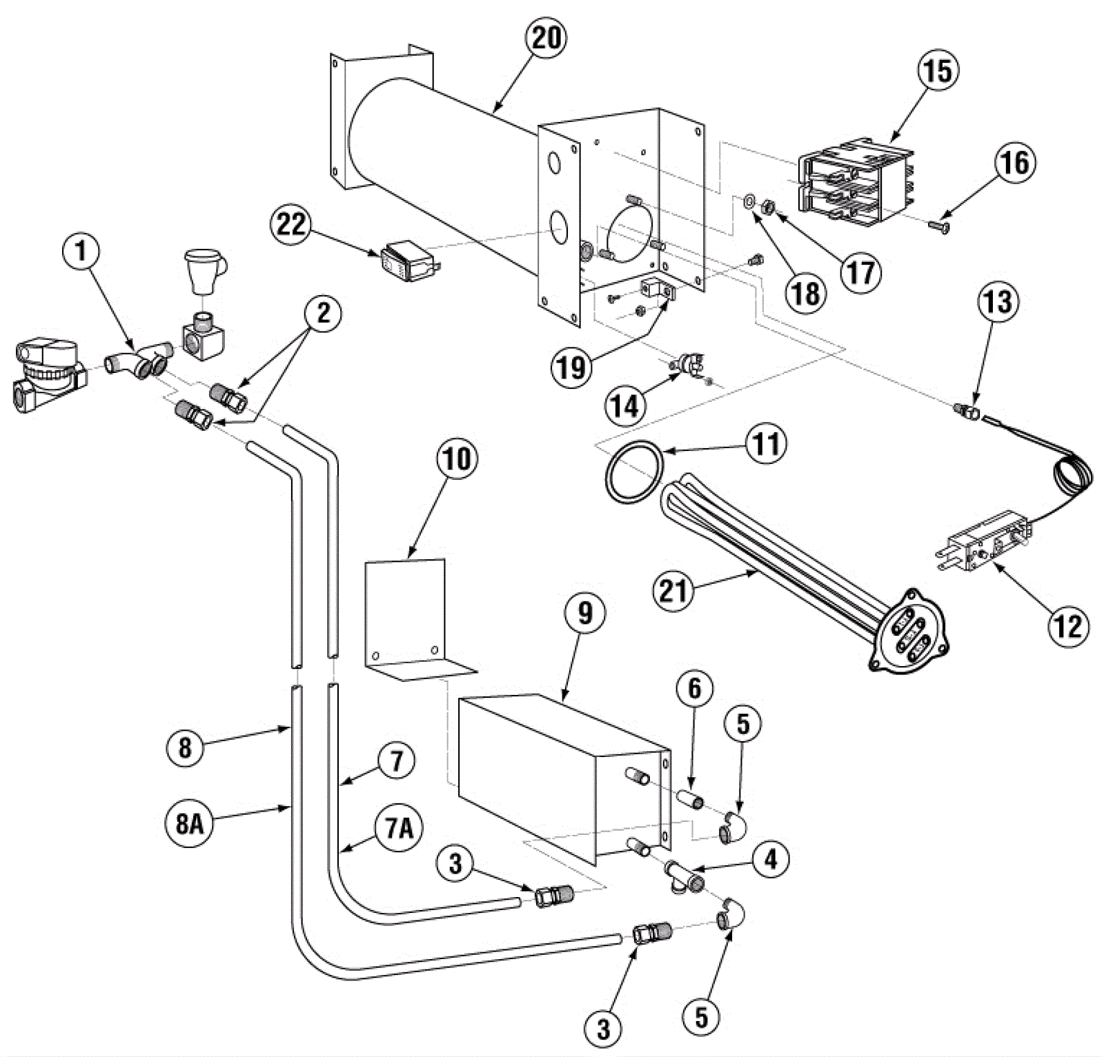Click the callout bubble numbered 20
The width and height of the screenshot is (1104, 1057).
pyautogui.click(x=545, y=37)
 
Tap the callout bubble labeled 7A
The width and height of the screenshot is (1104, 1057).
pyautogui.click(x=400, y=827)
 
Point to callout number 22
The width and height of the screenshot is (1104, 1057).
pyautogui.click(x=292, y=223)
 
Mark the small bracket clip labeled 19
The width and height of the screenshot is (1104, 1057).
pyautogui.click(x=659, y=290)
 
